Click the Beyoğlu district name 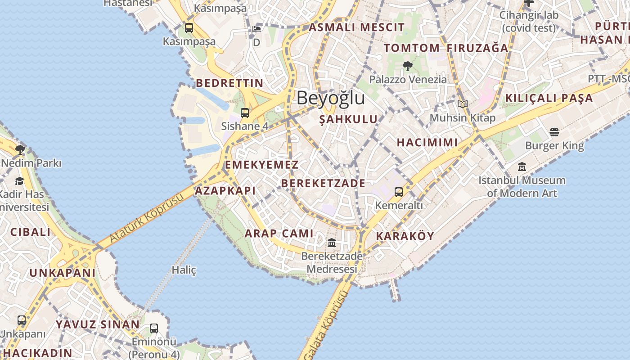coord(330,98)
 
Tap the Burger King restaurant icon coord(554,132)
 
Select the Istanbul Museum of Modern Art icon coord(522,167)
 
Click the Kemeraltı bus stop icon coord(398,192)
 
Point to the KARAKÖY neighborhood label coord(405,236)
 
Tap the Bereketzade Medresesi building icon coord(332,243)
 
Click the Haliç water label coord(184,270)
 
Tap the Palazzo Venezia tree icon coord(408,66)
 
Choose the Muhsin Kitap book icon coord(463,104)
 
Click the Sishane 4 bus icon coord(245,113)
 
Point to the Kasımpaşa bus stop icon coord(189,28)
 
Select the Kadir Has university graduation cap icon coord(19,181)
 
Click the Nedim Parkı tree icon coord(20,149)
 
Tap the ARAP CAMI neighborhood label coord(279,233)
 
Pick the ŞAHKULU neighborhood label coord(348,119)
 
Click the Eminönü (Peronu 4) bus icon coord(154,328)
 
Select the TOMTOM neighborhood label coord(411,48)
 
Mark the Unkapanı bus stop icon coord(22,320)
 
